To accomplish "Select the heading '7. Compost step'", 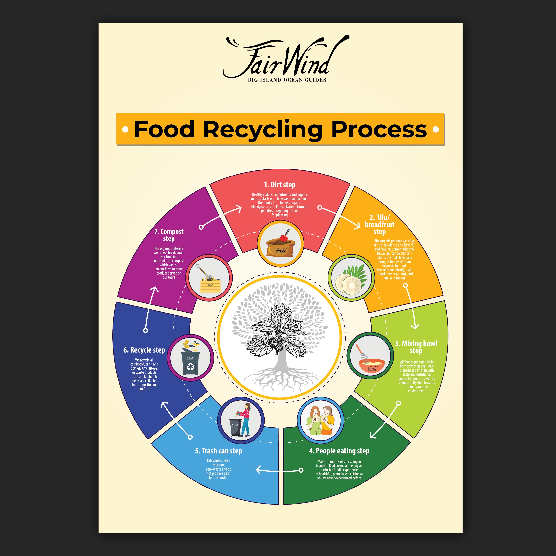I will point(169,235).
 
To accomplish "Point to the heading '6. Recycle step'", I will point(144,350).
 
